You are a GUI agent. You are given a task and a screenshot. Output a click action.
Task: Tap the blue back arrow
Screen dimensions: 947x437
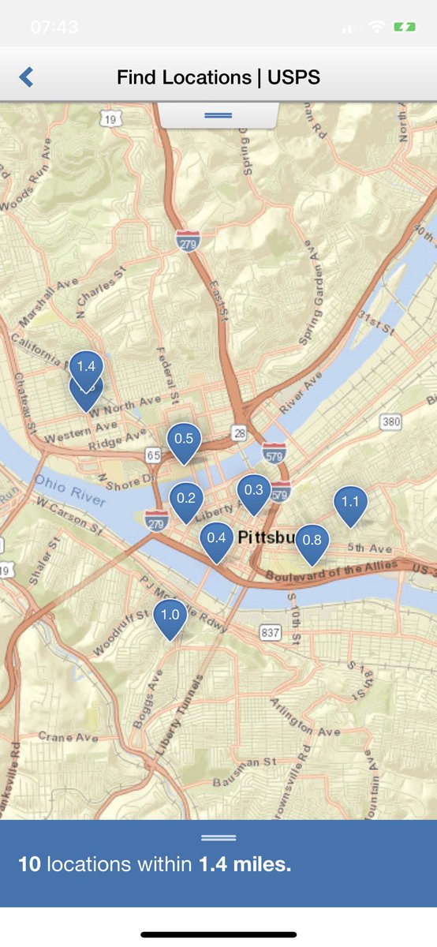26,77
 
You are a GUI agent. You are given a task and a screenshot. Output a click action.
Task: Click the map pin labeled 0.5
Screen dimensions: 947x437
184,440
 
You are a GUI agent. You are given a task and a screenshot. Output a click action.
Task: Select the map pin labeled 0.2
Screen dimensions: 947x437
186,499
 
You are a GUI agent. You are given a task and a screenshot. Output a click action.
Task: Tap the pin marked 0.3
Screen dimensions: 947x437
253,491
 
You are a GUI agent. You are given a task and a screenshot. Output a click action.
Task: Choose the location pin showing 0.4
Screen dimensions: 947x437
216,539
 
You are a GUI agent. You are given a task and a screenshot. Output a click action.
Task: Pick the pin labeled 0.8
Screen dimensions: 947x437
312,541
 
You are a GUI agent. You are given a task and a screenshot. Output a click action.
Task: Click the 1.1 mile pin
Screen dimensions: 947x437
350,502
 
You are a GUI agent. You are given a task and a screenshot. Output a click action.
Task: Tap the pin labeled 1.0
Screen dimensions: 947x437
170,616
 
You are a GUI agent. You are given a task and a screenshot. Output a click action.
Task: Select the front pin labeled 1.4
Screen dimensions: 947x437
86,367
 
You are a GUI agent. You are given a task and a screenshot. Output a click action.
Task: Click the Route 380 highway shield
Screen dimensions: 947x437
391,422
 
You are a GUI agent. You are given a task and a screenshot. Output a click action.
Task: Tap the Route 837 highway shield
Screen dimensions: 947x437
271,632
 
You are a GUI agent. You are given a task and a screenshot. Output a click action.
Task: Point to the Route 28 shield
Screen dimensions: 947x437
239,432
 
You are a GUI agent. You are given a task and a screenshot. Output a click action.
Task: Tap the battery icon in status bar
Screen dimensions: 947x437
405,27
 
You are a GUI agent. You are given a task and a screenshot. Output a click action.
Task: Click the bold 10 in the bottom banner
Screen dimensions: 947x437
29,864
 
